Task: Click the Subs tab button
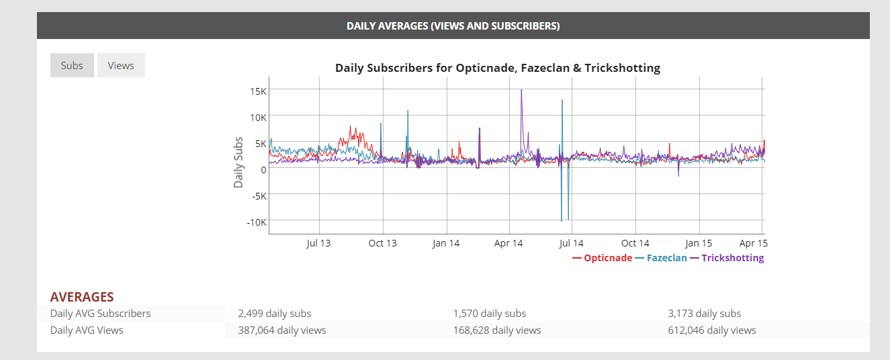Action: click(72, 66)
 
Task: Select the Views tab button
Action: click(121, 66)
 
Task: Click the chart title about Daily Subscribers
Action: click(497, 68)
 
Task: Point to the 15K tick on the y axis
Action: click(258, 90)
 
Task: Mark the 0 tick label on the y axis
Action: click(263, 169)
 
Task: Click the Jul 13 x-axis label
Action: click(318, 243)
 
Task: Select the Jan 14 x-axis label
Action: click(446, 243)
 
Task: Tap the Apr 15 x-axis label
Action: click(753, 243)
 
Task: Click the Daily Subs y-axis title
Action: click(238, 162)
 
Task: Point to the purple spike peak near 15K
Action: click(521, 90)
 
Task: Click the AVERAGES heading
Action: click(82, 297)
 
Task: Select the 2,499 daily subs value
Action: click(274, 314)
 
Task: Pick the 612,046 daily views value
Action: click(711, 330)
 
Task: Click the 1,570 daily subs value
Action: click(489, 314)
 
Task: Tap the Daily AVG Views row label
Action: click(87, 330)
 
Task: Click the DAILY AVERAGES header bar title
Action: click(453, 26)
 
